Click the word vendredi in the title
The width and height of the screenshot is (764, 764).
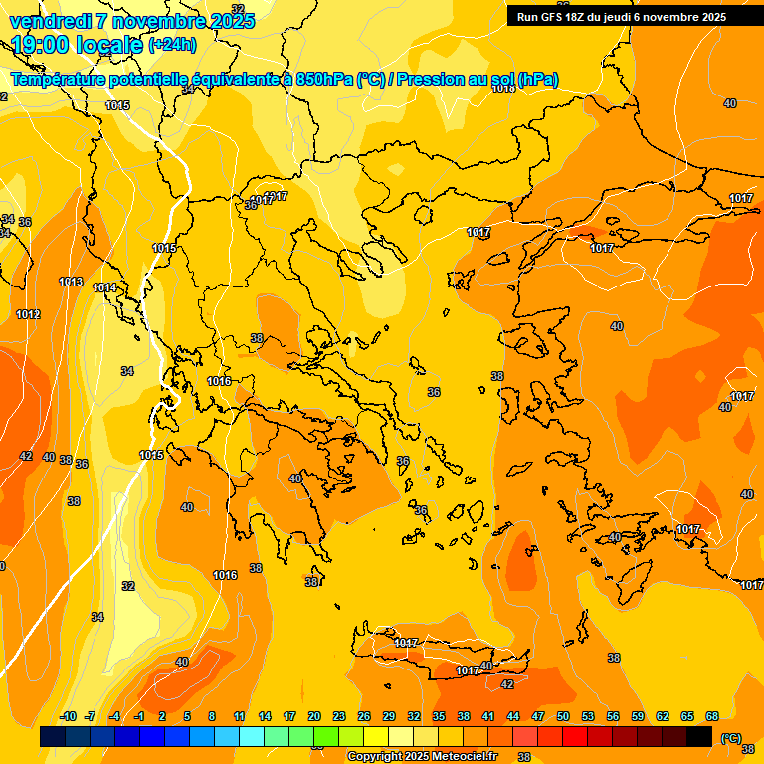(50, 21)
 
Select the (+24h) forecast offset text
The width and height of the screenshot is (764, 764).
(172, 45)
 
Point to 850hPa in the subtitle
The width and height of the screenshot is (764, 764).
(324, 80)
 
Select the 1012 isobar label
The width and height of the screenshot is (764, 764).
(28, 314)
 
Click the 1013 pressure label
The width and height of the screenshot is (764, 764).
(71, 282)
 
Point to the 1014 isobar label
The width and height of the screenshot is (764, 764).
(104, 287)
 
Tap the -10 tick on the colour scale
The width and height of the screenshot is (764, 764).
(69, 716)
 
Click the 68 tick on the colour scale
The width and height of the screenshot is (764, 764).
(712, 716)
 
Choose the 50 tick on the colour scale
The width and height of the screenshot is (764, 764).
(563, 716)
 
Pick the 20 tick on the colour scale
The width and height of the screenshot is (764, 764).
(314, 716)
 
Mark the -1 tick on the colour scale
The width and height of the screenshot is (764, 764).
(140, 716)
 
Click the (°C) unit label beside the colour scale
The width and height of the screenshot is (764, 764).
(730, 737)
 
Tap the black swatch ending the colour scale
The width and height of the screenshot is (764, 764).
(699, 736)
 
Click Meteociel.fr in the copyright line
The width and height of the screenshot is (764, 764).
(458, 757)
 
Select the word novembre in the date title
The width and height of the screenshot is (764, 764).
(158, 21)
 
